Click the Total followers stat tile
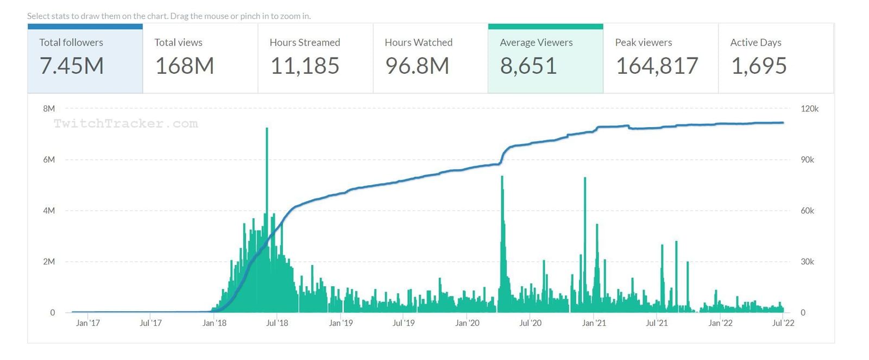(x=85, y=59)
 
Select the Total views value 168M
(x=185, y=66)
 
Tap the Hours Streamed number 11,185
(x=305, y=66)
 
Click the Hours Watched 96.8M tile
(x=430, y=59)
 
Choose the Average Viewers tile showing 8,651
(x=545, y=59)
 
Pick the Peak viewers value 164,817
(x=657, y=66)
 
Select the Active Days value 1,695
(x=759, y=66)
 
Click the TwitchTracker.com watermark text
(x=125, y=124)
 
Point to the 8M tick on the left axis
(x=49, y=109)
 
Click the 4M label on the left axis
(x=49, y=211)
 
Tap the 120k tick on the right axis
(x=809, y=109)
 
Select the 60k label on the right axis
(x=807, y=211)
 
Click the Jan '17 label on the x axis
(x=88, y=323)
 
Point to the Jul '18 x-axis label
(x=277, y=323)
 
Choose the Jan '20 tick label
(x=467, y=323)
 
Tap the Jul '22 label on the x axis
(x=783, y=323)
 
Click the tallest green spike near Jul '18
(x=267, y=163)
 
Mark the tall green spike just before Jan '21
(x=585, y=217)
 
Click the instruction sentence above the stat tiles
(x=169, y=16)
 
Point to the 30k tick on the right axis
(x=807, y=262)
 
